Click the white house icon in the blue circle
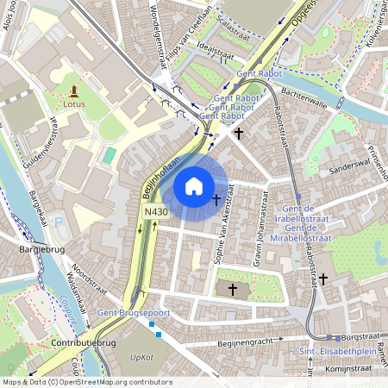(194, 185)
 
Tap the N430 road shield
(155, 212)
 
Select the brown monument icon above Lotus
(74, 90)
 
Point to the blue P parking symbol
(59, 222)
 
